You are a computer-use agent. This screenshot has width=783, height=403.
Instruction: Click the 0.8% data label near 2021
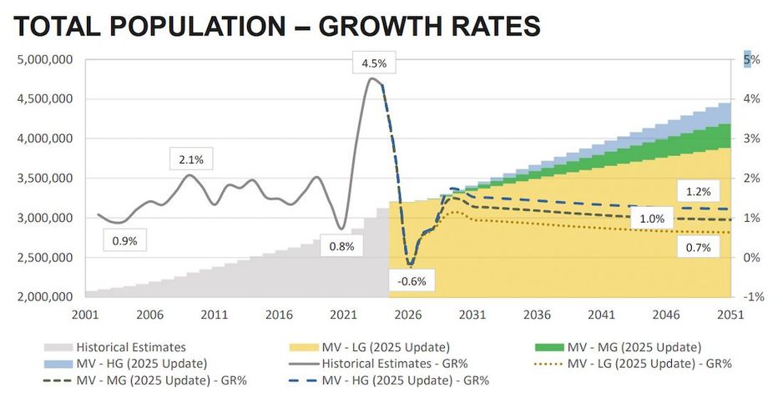coord(341,246)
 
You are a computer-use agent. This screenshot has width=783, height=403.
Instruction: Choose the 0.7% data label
coord(693,247)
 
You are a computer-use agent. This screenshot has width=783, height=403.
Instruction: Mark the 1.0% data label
coord(651,219)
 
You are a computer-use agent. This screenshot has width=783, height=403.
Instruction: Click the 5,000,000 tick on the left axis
coord(45,60)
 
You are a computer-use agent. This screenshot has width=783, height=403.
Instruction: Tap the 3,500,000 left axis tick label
coord(45,179)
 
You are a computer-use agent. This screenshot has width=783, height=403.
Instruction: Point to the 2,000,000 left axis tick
coord(45,297)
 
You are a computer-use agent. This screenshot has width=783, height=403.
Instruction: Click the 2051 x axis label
coord(731,315)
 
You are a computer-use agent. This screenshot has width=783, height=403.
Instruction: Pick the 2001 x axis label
coord(86,315)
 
